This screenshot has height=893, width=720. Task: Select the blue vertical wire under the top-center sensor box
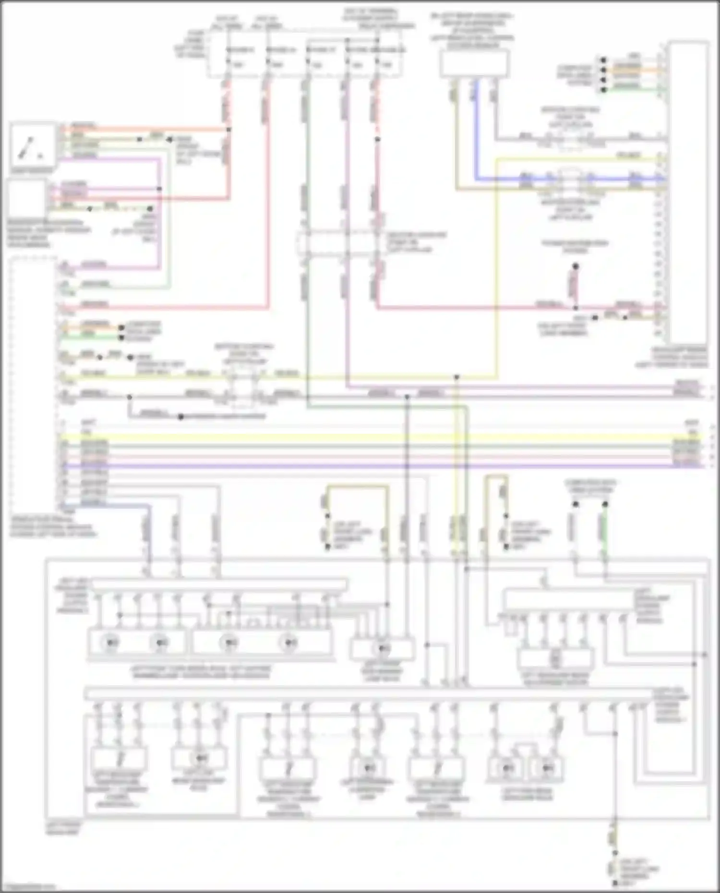476,130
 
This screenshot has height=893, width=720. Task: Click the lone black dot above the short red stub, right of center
575,265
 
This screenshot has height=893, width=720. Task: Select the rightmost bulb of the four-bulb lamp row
288,642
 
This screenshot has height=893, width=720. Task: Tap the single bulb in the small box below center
383,649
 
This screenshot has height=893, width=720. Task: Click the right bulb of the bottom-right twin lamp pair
547,768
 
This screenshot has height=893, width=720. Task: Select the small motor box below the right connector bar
556,659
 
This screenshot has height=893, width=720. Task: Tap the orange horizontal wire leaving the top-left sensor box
144,129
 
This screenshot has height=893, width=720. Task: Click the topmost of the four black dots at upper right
603,60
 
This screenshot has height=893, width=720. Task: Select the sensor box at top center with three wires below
474,64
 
